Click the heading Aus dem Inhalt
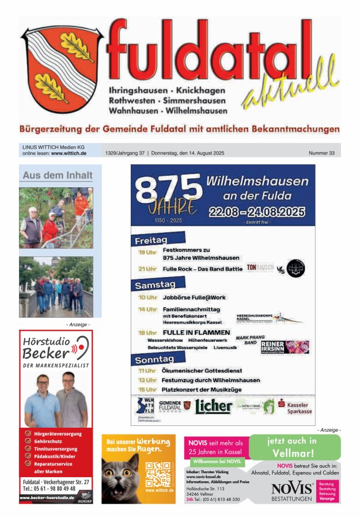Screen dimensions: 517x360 [x=57, y=175]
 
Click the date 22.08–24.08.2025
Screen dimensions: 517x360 [x=257, y=212]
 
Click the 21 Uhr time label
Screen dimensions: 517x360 [x=147, y=269]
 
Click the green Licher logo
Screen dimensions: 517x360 [x=213, y=406]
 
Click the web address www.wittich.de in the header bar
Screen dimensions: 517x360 [x=69, y=153]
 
